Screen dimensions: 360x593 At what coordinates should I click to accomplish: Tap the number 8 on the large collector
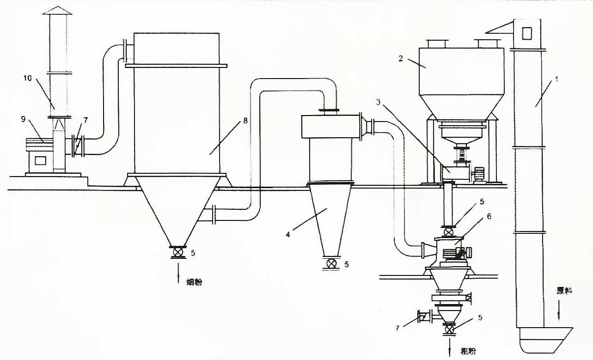pyautogui.click(x=245, y=121)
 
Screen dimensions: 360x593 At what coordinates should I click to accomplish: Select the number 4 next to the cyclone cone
pyautogui.click(x=288, y=234)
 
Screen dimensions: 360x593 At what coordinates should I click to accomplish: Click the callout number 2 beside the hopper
pyautogui.click(x=400, y=59)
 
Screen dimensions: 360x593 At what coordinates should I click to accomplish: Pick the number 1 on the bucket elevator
pyautogui.click(x=557, y=79)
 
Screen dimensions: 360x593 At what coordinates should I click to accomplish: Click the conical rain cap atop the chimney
pyautogui.click(x=57, y=10)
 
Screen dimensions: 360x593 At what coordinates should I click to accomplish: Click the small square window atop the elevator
pyautogui.click(x=527, y=33)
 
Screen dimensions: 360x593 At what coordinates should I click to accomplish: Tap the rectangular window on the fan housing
pyautogui.click(x=40, y=160)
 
